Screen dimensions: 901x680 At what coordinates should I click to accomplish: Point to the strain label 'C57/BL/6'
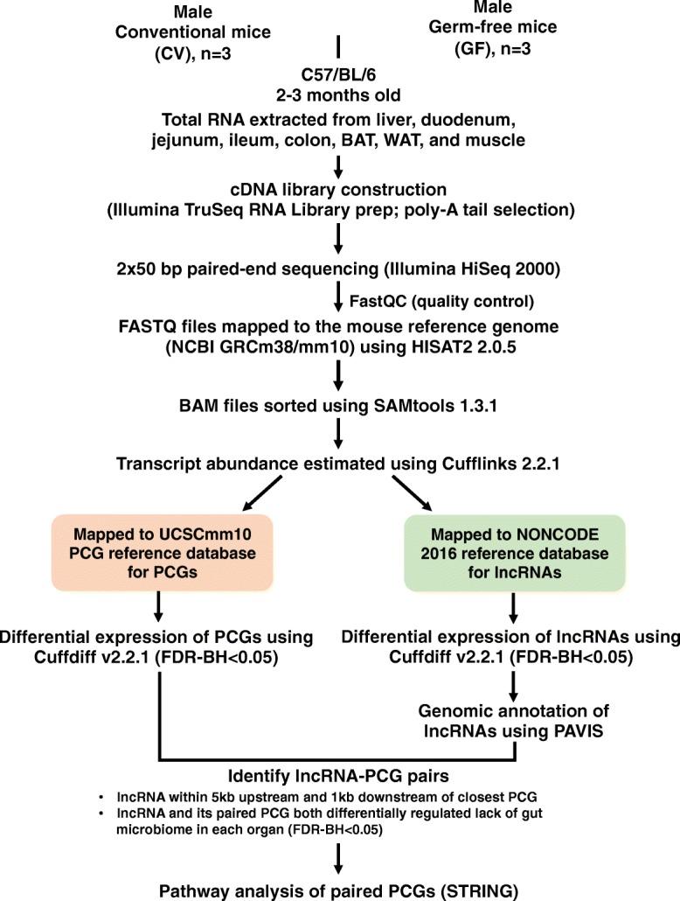pyautogui.click(x=339, y=73)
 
